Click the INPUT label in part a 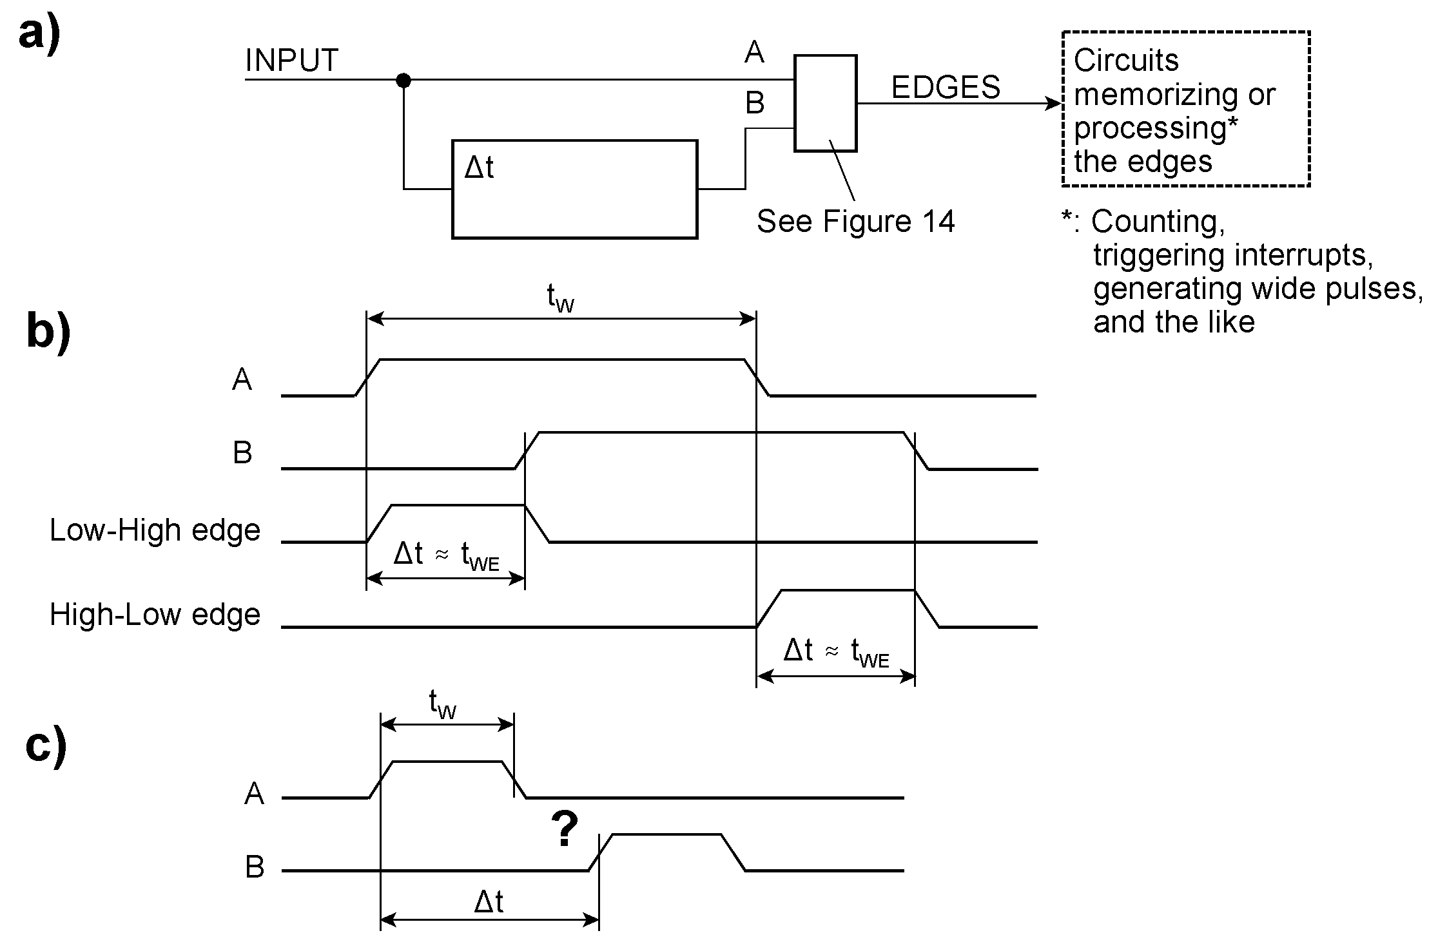pos(291,61)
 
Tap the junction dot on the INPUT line pos(403,81)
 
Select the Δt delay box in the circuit pos(574,189)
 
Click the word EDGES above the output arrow pos(946,87)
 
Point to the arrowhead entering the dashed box pos(1056,103)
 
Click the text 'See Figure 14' pos(855,222)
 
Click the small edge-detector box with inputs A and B pos(825,103)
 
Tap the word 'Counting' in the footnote pos(1158,222)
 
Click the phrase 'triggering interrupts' pos(1233,255)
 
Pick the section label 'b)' pos(48,331)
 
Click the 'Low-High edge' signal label pos(155,531)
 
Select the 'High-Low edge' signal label pos(155,615)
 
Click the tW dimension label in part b pos(560,298)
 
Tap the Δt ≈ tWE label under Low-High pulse pos(446,555)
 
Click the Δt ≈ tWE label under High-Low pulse pos(836,651)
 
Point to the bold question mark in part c pos(565,829)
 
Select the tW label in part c pos(443,704)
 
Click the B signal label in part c pos(255,867)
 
